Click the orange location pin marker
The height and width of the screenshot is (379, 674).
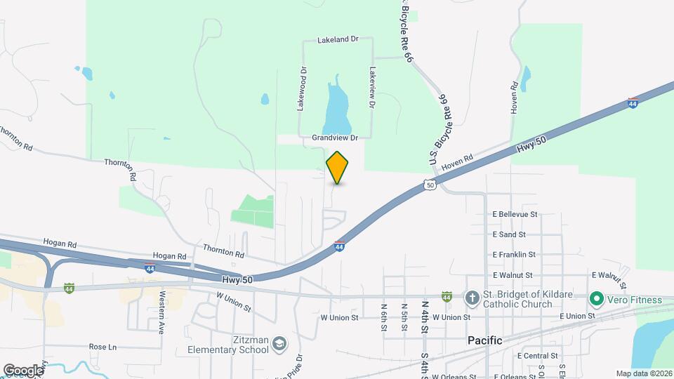point(337,167)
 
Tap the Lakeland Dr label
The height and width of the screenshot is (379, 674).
point(338,40)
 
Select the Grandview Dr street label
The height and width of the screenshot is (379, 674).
point(336,138)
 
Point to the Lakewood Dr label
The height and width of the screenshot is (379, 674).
point(303,89)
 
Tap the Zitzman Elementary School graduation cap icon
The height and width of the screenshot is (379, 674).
point(279,343)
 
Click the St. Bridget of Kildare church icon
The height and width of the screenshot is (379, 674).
point(473,298)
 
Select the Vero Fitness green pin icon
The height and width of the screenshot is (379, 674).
point(597,300)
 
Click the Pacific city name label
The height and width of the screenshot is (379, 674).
point(485,340)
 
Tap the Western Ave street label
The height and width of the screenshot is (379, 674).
point(161,312)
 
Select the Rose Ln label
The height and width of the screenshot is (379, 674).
point(103,347)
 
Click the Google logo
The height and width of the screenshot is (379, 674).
point(23,370)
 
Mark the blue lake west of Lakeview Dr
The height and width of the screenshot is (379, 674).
point(336,105)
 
